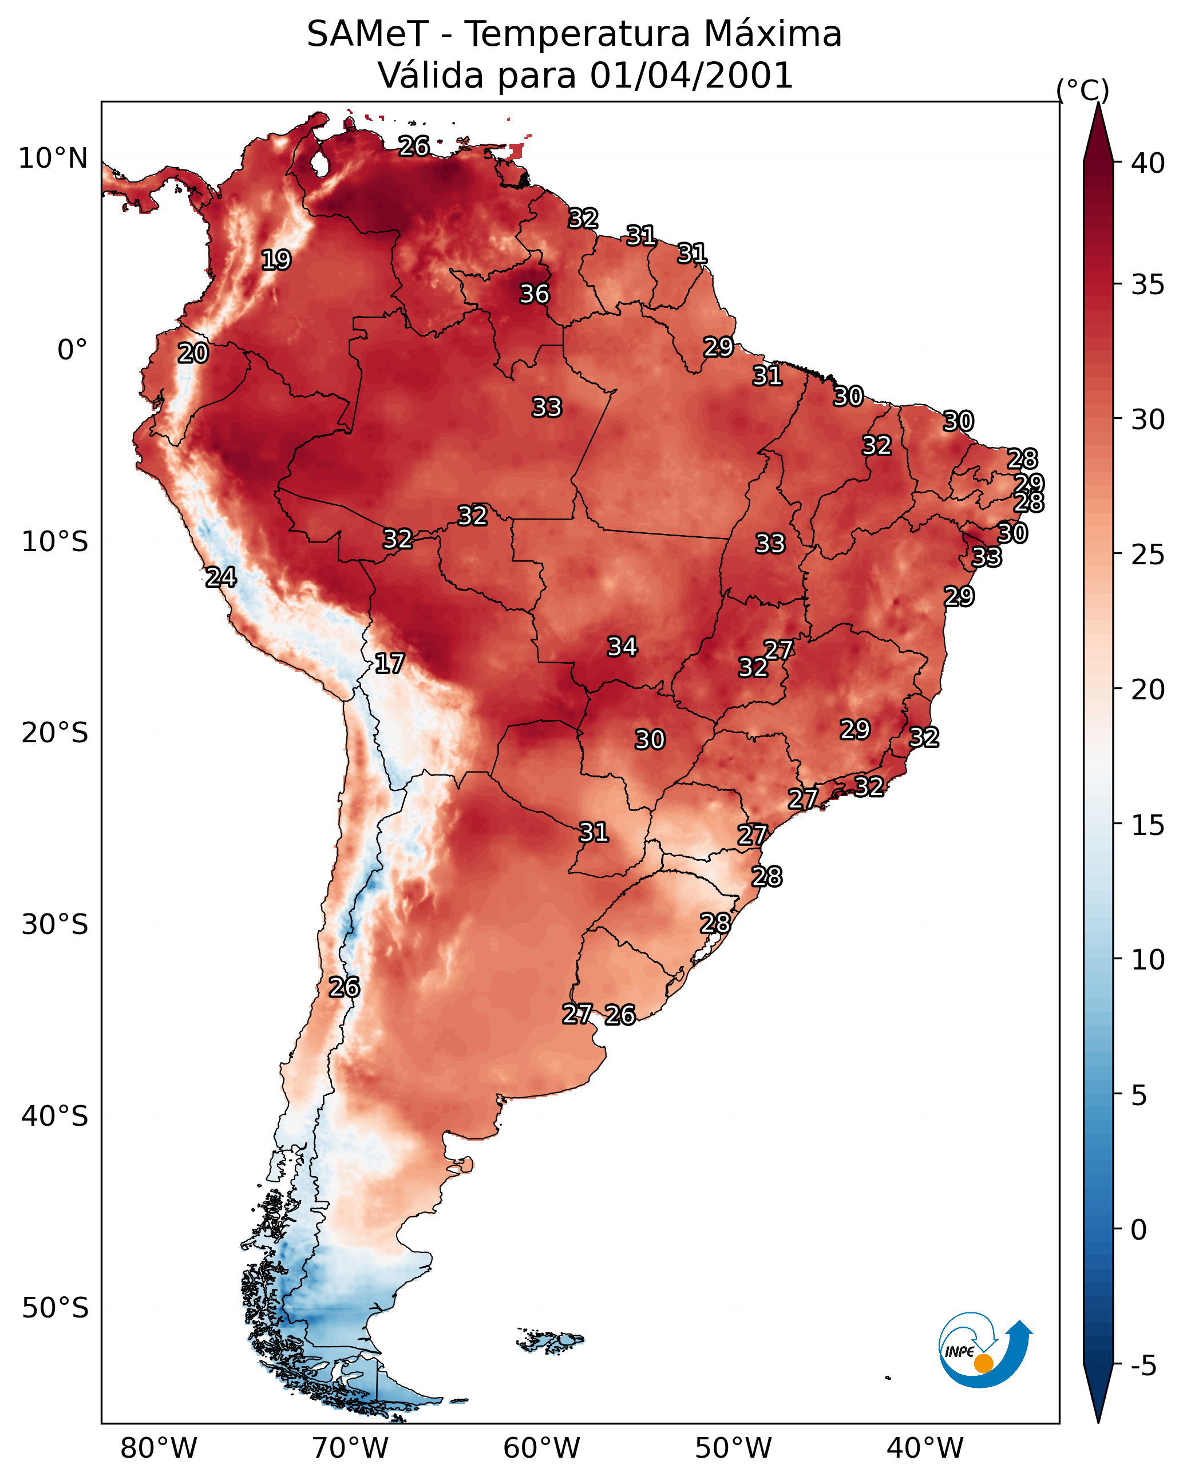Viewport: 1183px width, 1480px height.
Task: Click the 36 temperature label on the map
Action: [x=534, y=294]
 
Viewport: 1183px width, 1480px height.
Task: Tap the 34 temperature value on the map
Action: [x=622, y=647]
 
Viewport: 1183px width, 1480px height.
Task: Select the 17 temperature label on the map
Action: [x=389, y=663]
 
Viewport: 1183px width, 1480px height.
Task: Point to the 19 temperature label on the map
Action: [x=276, y=260]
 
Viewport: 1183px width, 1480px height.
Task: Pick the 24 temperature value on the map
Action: [x=221, y=577]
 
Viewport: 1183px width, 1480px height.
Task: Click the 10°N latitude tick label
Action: [x=53, y=159]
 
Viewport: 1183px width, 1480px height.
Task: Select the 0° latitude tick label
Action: [x=72, y=350]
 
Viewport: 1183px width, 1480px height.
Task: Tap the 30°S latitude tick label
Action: [x=55, y=925]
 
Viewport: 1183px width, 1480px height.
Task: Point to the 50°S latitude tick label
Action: [x=55, y=1308]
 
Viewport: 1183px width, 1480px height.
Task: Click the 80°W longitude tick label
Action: [x=159, y=1448]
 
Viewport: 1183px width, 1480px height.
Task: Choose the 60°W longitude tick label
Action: [x=542, y=1448]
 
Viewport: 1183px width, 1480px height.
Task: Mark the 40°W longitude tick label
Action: [x=925, y=1448]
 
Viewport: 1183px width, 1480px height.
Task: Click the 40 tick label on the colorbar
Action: [x=1148, y=163]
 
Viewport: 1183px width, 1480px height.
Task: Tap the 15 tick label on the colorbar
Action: [x=1148, y=826]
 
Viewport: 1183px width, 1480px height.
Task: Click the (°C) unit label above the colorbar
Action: [x=1083, y=90]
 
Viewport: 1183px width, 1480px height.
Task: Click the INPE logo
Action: [x=984, y=1352]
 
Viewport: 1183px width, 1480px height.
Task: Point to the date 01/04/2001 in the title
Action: [x=691, y=75]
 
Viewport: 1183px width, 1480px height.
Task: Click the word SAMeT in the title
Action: [x=367, y=34]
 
